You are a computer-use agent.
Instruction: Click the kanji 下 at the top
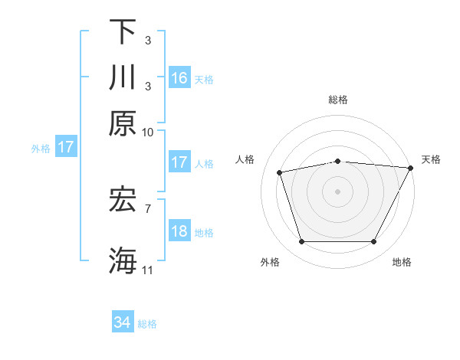tap(123, 32)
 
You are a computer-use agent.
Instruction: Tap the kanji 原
tap(123, 123)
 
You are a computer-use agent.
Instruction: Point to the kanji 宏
tap(123, 201)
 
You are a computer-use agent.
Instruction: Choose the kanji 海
tap(123, 259)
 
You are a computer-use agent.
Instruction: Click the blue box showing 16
tap(179, 77)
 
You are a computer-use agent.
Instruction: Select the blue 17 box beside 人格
tap(179, 162)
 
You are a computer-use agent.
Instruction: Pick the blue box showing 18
tap(179, 231)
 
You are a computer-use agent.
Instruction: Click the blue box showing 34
tap(122, 322)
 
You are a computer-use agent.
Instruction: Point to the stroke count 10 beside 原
tap(148, 132)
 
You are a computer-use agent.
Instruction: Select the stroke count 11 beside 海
tap(148, 270)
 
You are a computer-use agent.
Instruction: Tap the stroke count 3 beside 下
tap(148, 40)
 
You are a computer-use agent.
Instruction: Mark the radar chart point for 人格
tap(280, 172)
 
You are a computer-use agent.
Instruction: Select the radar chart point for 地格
tap(373, 242)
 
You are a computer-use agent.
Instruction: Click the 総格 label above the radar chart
tap(337, 100)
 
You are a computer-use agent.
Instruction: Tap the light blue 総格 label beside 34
tap(147, 324)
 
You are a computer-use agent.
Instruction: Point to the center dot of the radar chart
tap(337, 191)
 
